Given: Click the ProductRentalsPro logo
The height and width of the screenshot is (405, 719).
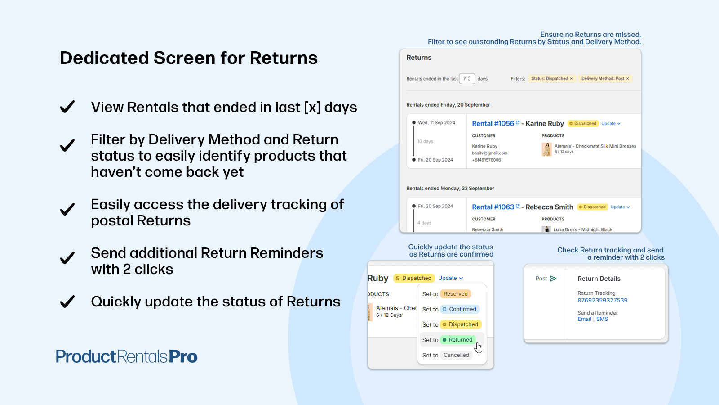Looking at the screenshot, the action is (x=126, y=356).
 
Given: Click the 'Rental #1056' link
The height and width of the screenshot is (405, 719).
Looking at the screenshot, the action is (x=493, y=123).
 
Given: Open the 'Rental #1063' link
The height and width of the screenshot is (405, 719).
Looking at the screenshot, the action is (x=493, y=207).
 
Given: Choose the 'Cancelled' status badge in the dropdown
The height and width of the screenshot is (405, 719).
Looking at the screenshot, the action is (x=456, y=355).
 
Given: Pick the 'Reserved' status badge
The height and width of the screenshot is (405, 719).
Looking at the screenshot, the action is (x=456, y=294).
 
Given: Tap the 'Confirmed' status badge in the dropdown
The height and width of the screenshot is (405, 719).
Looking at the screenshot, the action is (x=460, y=309).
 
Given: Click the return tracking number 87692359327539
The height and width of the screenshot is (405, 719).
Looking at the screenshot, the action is (x=603, y=300).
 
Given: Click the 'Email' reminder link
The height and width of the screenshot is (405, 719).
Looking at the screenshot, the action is (x=584, y=319).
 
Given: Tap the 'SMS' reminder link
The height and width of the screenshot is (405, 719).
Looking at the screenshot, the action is (x=602, y=319).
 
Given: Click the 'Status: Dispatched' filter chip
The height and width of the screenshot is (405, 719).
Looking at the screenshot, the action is (x=552, y=78).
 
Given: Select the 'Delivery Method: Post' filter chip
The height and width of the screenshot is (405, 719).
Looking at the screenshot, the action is (x=605, y=78).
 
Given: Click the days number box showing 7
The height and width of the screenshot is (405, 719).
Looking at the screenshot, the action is (x=467, y=78).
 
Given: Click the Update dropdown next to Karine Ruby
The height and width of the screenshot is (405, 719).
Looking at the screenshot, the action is (x=611, y=123).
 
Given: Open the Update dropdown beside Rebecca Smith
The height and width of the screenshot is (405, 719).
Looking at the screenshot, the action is (x=620, y=207).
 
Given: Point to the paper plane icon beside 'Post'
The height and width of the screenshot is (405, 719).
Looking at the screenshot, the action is (x=553, y=279).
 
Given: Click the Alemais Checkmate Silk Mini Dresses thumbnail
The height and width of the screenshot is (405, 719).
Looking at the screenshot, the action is (x=546, y=149).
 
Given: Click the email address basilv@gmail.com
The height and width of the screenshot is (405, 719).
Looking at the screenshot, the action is (x=489, y=153).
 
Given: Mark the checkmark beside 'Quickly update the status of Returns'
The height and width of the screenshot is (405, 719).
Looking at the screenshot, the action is (x=67, y=301).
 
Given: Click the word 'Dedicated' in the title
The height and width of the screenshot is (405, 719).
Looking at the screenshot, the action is (x=104, y=58).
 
